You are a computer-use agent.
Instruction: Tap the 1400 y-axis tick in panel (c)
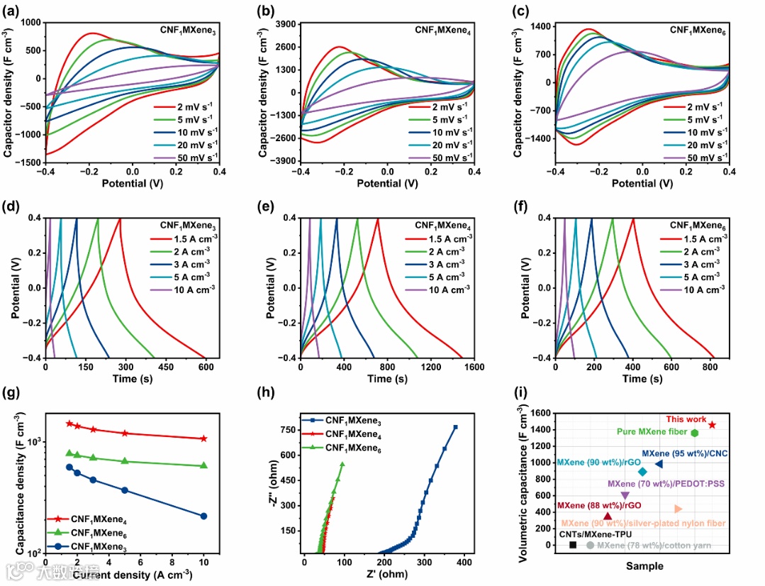[x=540, y=26]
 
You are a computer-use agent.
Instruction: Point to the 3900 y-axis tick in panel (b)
[x=282, y=24]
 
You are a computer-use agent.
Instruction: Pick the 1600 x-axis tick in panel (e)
[x=474, y=368]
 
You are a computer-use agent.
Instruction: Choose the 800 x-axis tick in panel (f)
[x=715, y=368]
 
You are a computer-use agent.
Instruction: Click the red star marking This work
[x=712, y=425]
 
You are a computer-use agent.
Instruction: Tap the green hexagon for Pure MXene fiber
[x=695, y=433]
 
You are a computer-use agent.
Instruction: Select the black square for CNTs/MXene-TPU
[x=573, y=545]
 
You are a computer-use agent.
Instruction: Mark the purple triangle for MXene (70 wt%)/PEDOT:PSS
[x=625, y=496]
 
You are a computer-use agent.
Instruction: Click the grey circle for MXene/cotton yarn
[x=590, y=545]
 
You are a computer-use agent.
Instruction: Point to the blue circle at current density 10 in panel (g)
[x=203, y=516]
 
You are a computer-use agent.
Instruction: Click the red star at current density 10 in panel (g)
[x=203, y=438]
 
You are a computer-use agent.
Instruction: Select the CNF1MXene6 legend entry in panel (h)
[x=347, y=448]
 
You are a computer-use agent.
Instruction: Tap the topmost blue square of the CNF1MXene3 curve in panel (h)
[x=455, y=427]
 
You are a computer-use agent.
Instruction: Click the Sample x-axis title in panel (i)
[x=644, y=566]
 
